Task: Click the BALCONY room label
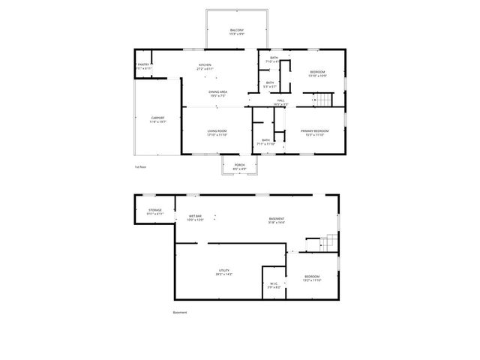coord(236,31)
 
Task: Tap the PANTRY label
coord(143,64)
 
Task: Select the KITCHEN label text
coord(205,64)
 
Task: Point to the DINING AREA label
coord(218,91)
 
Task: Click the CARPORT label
coord(157,118)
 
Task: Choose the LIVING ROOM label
coord(217,130)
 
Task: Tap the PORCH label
coord(239,165)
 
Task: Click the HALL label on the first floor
coord(280,100)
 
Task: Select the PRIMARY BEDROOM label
coord(315,130)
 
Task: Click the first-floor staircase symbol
coord(322,99)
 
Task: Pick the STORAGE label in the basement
coord(154,210)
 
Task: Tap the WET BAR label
coord(195,217)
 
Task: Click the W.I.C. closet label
coord(274,283)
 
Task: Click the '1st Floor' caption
coord(140,166)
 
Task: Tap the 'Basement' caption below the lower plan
coord(179,312)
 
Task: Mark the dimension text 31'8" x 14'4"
coord(277,223)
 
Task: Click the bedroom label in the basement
coord(313,277)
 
